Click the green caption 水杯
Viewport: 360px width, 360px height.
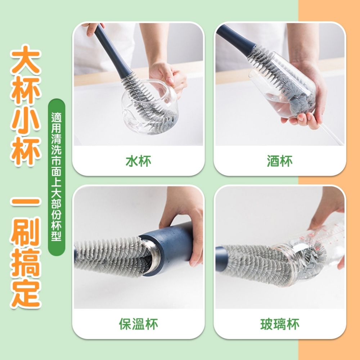click(139, 161)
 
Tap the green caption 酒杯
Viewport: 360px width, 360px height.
click(280, 161)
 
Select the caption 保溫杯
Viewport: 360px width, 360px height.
click(139, 324)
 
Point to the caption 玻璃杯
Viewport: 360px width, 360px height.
click(280, 324)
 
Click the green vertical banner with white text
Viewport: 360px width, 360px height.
click(57, 177)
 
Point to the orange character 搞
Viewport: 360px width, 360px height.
click(26, 263)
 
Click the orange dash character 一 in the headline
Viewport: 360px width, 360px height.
click(26, 202)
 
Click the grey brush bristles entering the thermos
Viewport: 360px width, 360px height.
click(108, 258)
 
